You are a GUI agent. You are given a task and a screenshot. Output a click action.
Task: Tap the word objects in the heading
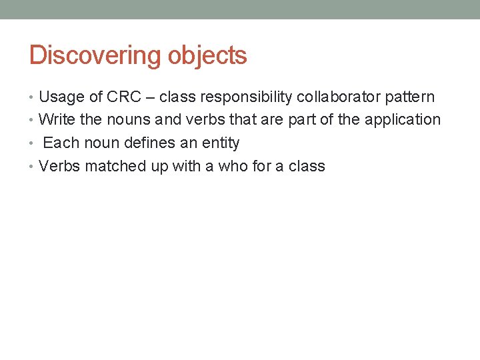pyautogui.click(x=207, y=55)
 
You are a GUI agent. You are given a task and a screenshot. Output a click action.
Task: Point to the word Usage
pyautogui.click(x=61, y=97)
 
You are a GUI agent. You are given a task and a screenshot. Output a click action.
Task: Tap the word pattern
pyautogui.click(x=408, y=97)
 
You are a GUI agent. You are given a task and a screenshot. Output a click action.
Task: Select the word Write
pyautogui.click(x=57, y=120)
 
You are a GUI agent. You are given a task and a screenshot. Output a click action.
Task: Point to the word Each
pyautogui.click(x=61, y=143)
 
